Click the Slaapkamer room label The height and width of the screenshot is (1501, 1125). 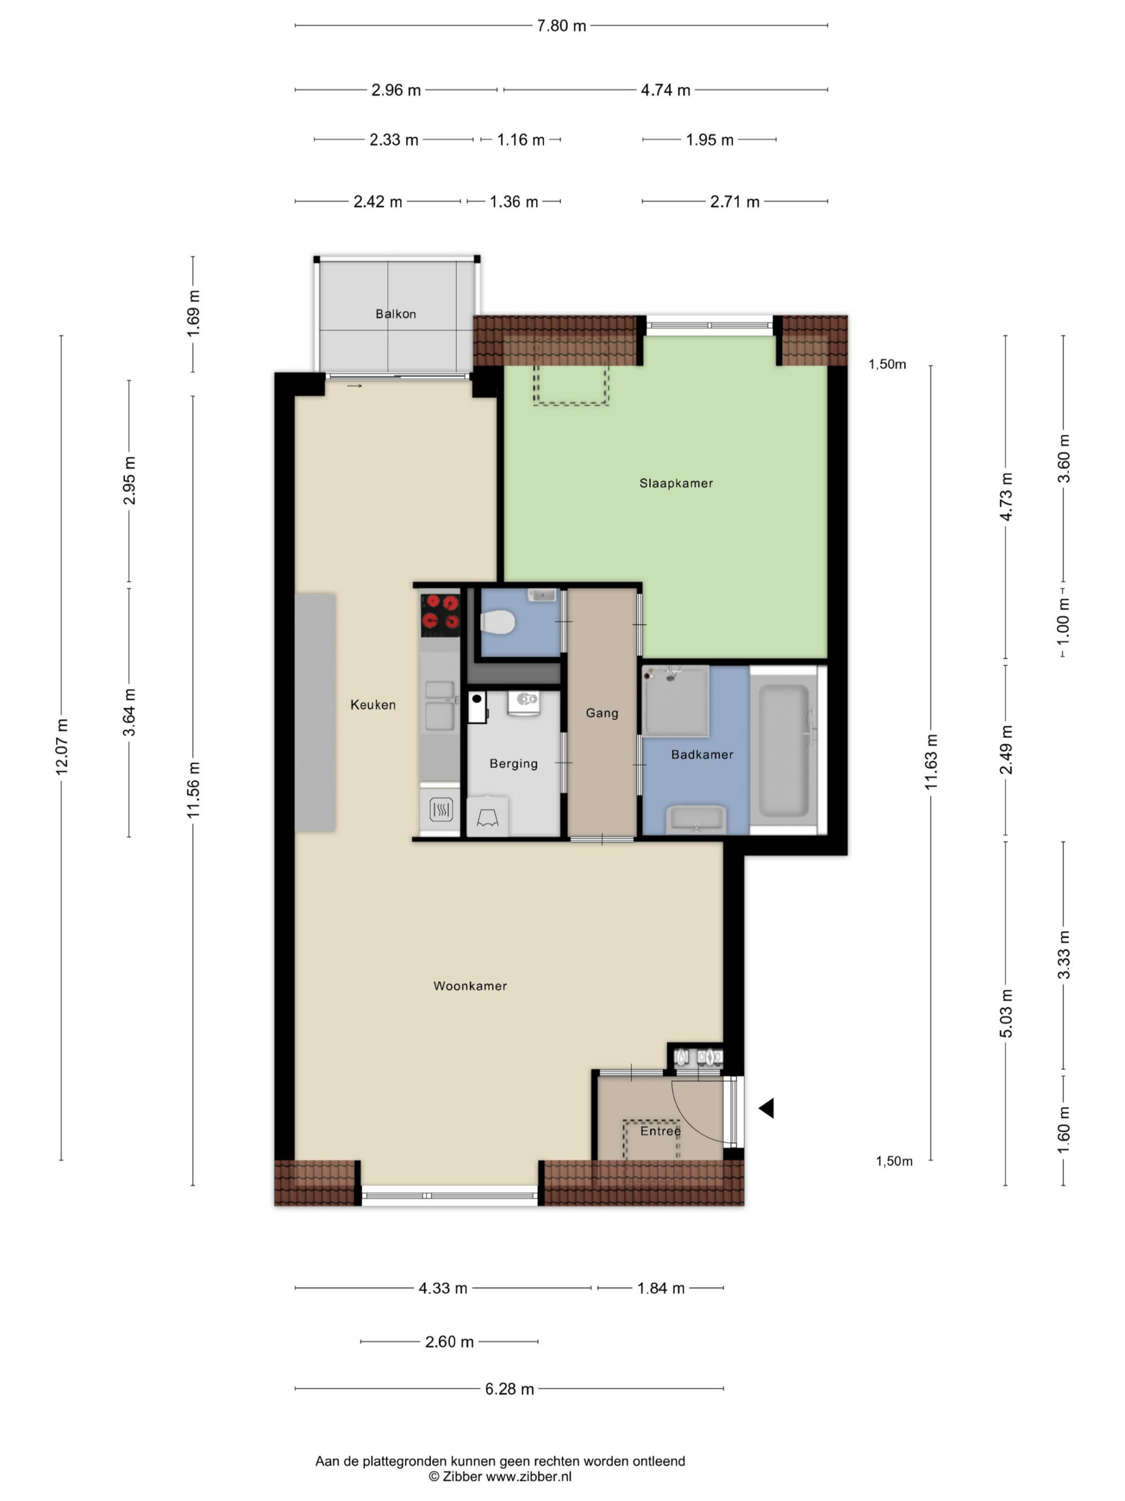(676, 483)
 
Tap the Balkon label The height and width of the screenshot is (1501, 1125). (396, 314)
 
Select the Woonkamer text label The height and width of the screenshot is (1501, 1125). (470, 986)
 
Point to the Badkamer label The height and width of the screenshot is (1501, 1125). (702, 754)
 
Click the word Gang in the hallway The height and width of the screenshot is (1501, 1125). (602, 713)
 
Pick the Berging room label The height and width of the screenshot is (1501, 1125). (513, 763)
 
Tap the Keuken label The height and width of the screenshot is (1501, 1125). (373, 704)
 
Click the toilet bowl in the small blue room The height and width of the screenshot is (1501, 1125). (497, 622)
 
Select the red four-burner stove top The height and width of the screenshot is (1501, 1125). (440, 616)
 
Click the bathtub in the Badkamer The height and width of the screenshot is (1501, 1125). (784, 750)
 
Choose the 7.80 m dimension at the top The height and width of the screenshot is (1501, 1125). (561, 26)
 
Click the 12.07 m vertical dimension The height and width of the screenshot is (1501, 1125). (61, 746)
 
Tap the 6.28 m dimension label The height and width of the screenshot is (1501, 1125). (509, 1388)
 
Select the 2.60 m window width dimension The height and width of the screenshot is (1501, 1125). (449, 1341)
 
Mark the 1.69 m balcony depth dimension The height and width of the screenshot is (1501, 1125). (193, 313)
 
